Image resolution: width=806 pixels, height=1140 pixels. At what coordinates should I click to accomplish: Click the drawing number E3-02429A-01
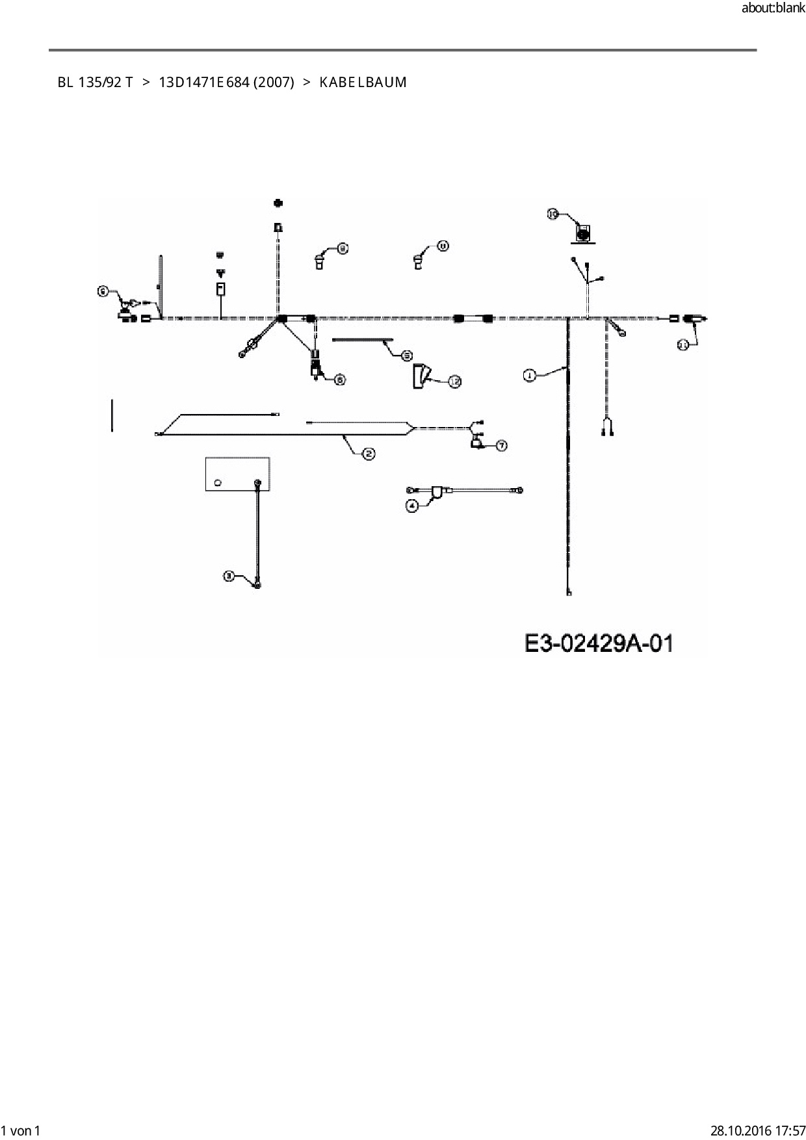(599, 643)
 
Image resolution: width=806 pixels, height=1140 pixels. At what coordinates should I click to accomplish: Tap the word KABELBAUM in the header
(363, 83)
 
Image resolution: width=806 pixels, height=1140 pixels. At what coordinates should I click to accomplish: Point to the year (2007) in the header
(274, 83)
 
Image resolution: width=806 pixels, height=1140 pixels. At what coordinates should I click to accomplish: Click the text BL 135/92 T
(95, 83)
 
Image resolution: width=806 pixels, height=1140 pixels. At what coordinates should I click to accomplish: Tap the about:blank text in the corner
(773, 8)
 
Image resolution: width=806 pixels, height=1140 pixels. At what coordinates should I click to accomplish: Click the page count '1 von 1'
(21, 1130)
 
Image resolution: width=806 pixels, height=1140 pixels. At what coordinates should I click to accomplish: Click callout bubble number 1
(530, 375)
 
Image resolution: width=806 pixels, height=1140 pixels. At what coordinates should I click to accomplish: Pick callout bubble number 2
(369, 454)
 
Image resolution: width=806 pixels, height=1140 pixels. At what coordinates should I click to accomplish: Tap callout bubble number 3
(229, 576)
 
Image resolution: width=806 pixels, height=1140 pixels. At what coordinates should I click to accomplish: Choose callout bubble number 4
(411, 506)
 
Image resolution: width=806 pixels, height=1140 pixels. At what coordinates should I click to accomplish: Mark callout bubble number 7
(501, 446)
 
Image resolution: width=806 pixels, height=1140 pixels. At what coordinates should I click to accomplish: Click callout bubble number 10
(552, 213)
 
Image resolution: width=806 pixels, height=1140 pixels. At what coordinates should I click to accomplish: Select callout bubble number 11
(682, 345)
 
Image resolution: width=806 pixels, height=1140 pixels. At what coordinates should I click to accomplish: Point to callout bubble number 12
(454, 382)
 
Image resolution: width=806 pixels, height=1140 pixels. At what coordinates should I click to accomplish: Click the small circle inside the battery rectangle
(218, 482)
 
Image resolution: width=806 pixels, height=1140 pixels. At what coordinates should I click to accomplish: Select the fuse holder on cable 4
(439, 492)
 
